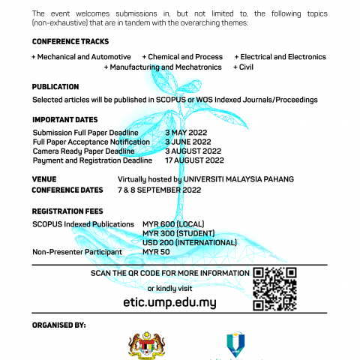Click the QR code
pyautogui.click(x=275, y=288)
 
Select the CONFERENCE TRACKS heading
pyautogui.click(x=70, y=42)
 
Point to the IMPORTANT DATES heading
pyautogui.click(x=65, y=120)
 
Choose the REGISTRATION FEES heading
pyautogui.click(x=68, y=211)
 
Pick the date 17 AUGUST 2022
pyautogui.click(x=194, y=160)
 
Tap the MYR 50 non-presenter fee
pyautogui.click(x=156, y=252)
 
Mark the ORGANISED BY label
pyautogui.click(x=60, y=325)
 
